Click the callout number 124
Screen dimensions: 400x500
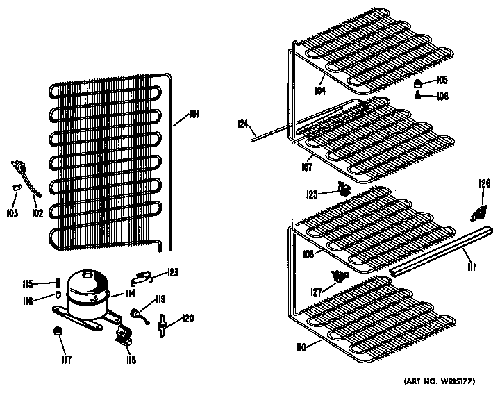(x=242, y=124)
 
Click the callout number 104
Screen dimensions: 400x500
(x=319, y=91)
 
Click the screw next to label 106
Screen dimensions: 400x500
(x=420, y=95)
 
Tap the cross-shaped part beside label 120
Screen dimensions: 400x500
(x=163, y=322)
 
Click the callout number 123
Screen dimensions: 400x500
(x=172, y=272)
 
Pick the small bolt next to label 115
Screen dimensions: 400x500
(x=58, y=283)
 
